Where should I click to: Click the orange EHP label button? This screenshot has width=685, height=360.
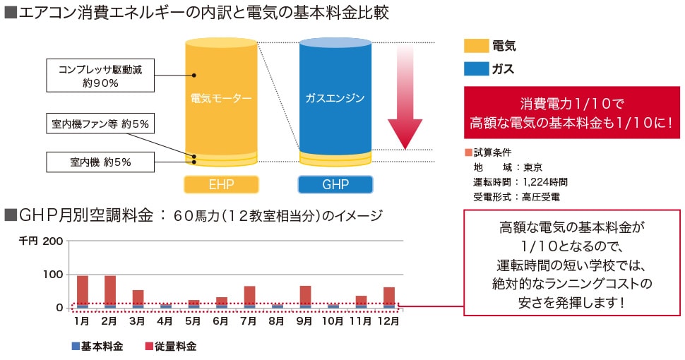pyautogui.click(x=221, y=185)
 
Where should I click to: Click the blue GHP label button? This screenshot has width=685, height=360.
pyautogui.click(x=335, y=185)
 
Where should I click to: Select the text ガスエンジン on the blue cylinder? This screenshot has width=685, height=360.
pyautogui.click(x=335, y=98)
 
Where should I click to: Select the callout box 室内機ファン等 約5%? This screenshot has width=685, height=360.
pyautogui.click(x=100, y=124)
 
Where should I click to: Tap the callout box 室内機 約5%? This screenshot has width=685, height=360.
pyautogui.click(x=100, y=162)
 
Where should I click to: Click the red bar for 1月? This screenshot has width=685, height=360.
pyautogui.click(x=83, y=289)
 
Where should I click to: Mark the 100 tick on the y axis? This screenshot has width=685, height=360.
pyautogui.click(x=54, y=274)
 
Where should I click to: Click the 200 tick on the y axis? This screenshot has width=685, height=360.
pyautogui.click(x=54, y=241)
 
